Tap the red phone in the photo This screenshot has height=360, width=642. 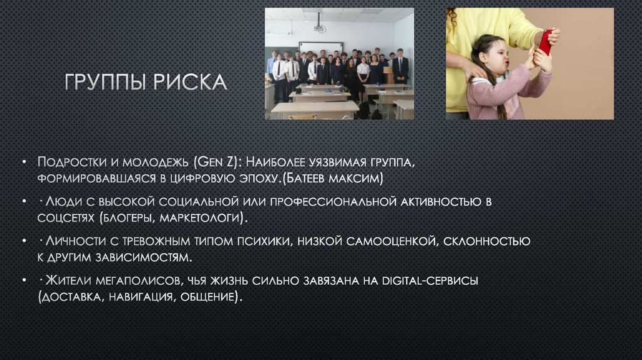(x=546, y=42)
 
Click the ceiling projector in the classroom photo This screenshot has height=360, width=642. (x=320, y=28)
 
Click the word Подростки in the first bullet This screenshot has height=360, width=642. (x=68, y=162)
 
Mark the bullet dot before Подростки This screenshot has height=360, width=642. (x=23, y=162)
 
